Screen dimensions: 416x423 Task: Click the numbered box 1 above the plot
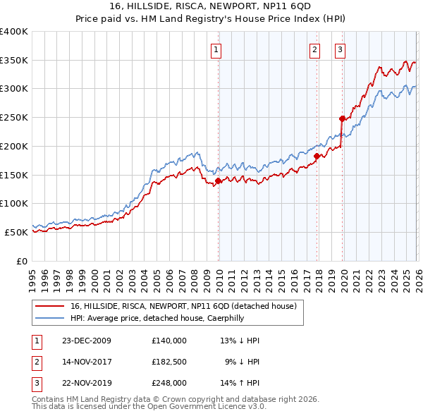pos(216,49)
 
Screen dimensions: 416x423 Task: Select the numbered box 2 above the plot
pos(314,49)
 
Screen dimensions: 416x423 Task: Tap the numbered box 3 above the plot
pos(340,49)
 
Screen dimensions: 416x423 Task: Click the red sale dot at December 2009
pos(218,181)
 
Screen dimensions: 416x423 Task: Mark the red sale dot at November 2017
pos(317,156)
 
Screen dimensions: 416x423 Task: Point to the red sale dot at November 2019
pos(342,118)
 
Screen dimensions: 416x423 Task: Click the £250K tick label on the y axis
pos(14,118)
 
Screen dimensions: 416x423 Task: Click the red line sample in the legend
pos(51,306)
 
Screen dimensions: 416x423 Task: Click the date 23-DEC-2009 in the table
pos(87,341)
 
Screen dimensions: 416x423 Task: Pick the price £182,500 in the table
pos(168,362)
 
